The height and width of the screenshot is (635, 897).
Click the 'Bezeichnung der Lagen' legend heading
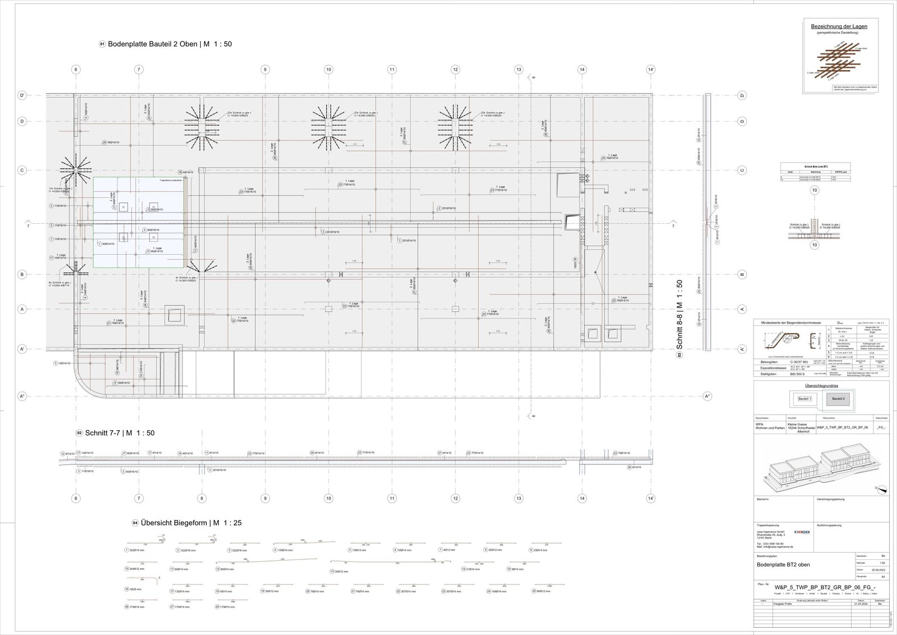tap(839, 27)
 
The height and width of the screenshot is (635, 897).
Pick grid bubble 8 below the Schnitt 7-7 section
tap(202, 498)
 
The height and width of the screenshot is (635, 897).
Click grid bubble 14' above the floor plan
tap(650, 70)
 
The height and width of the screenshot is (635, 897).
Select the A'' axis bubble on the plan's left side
tap(23, 397)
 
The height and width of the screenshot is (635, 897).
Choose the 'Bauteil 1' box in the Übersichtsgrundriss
tap(804, 398)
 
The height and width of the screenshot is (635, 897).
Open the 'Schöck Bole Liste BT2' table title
tap(816, 167)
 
